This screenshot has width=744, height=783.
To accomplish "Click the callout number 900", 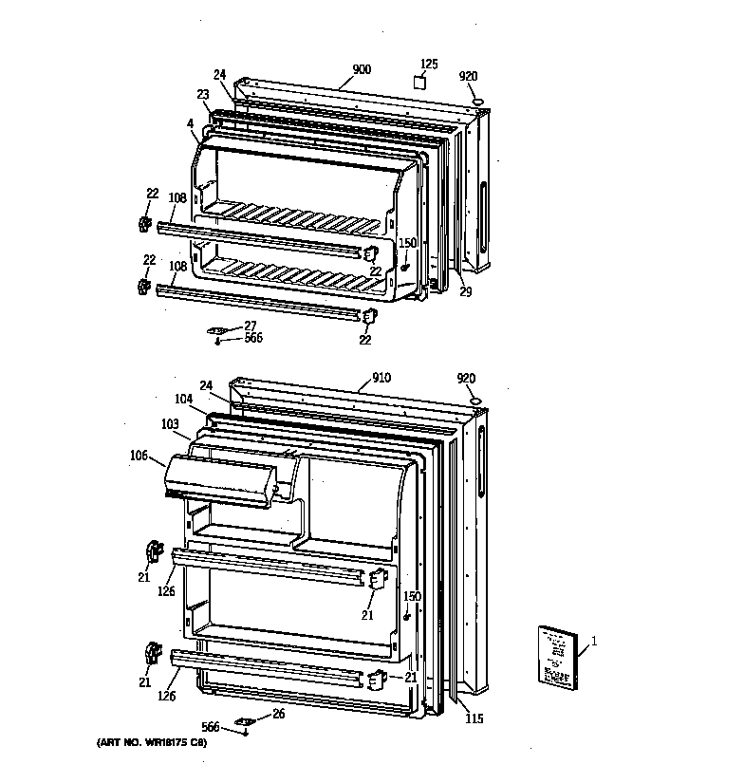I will (362, 69).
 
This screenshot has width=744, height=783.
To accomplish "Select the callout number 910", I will (381, 378).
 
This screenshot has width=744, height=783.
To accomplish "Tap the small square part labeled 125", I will (418, 83).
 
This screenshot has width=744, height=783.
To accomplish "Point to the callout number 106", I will (139, 456).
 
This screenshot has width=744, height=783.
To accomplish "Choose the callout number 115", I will (474, 718).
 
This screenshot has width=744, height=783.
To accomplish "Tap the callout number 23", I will (203, 94).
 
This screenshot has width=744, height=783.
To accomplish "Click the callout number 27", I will (250, 326).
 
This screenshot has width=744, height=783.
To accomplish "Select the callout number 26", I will (278, 715).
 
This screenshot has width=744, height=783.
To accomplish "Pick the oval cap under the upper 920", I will (478, 100).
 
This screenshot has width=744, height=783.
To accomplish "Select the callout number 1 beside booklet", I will (594, 643).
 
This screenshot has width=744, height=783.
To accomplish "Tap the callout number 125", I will (429, 64).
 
